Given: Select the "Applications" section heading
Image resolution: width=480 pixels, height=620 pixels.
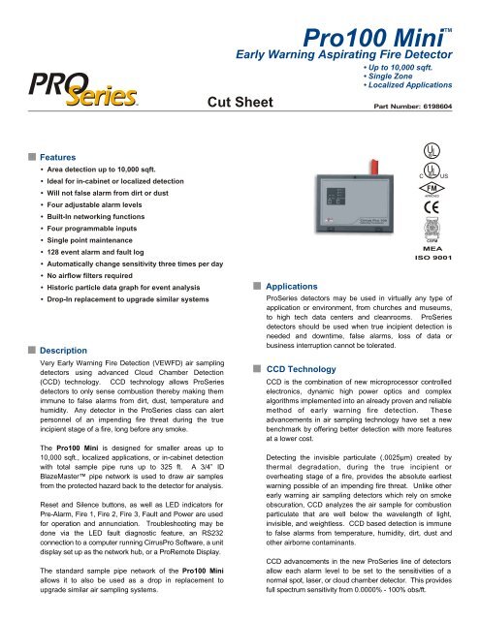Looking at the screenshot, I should click(291, 288).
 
